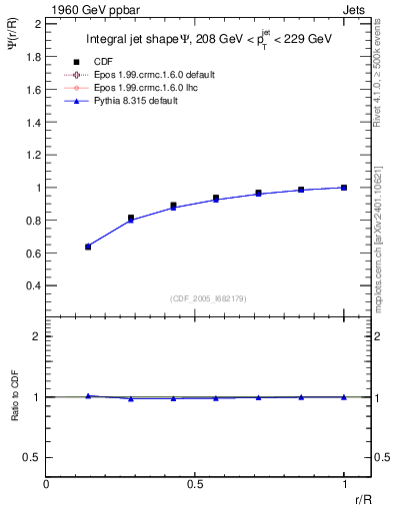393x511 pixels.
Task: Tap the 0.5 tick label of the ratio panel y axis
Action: (x=32, y=457)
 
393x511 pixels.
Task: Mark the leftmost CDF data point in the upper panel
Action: (x=88, y=247)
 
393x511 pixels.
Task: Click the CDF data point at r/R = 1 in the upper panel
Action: (x=344, y=188)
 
